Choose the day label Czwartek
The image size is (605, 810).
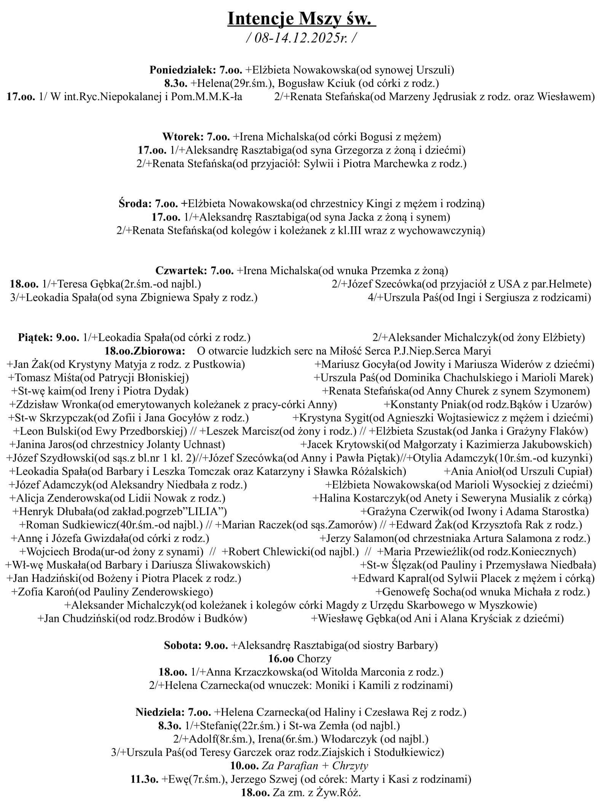tap(181, 271)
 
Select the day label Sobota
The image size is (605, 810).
tap(182, 645)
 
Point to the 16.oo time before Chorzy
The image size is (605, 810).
tap(281, 658)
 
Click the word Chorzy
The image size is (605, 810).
tap(314, 658)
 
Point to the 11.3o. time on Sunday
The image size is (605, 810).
tap(144, 779)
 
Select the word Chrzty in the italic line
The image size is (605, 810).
tap(350, 766)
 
